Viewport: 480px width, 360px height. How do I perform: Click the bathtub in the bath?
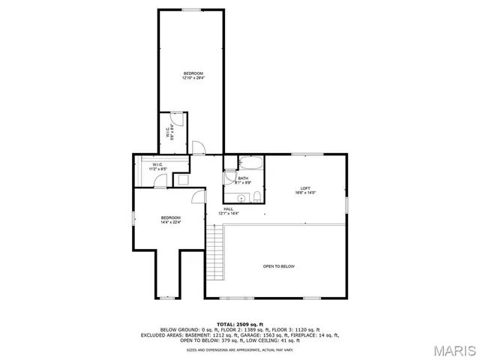pyautogui.click(x=250, y=163)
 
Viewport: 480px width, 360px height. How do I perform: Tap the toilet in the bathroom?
pyautogui.click(x=257, y=197)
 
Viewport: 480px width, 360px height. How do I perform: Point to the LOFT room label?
pyautogui.click(x=305, y=188)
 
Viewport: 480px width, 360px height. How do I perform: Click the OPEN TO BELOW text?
pyautogui.click(x=278, y=266)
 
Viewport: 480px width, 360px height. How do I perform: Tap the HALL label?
pyautogui.click(x=228, y=209)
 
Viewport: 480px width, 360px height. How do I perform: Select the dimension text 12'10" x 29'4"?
pyautogui.click(x=193, y=77)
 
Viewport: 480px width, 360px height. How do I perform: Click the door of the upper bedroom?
pyautogui.click(x=198, y=147)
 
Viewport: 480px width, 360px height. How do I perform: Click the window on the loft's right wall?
pyautogui.click(x=347, y=204)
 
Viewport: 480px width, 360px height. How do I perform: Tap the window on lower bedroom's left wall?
pyautogui.click(x=133, y=218)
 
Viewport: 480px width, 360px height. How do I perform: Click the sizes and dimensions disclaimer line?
pyautogui.click(x=239, y=349)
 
